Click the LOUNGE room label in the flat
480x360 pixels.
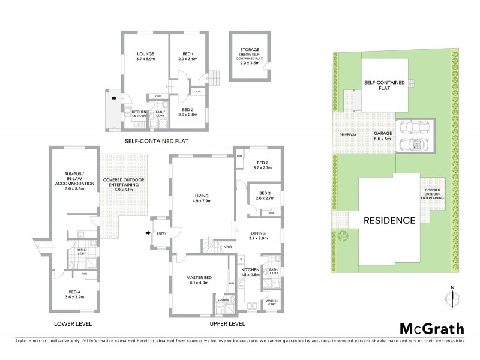145,56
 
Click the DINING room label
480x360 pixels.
261,235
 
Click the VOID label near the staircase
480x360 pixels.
228,247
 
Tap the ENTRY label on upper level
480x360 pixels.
161,234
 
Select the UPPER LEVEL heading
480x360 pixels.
227,323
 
